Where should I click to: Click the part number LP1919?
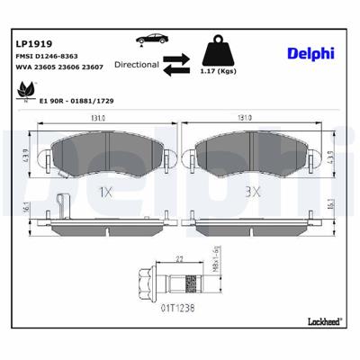click(32, 42)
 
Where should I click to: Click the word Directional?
click(139, 65)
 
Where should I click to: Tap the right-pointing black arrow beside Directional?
click(176, 57)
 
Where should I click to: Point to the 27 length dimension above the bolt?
click(180, 259)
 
